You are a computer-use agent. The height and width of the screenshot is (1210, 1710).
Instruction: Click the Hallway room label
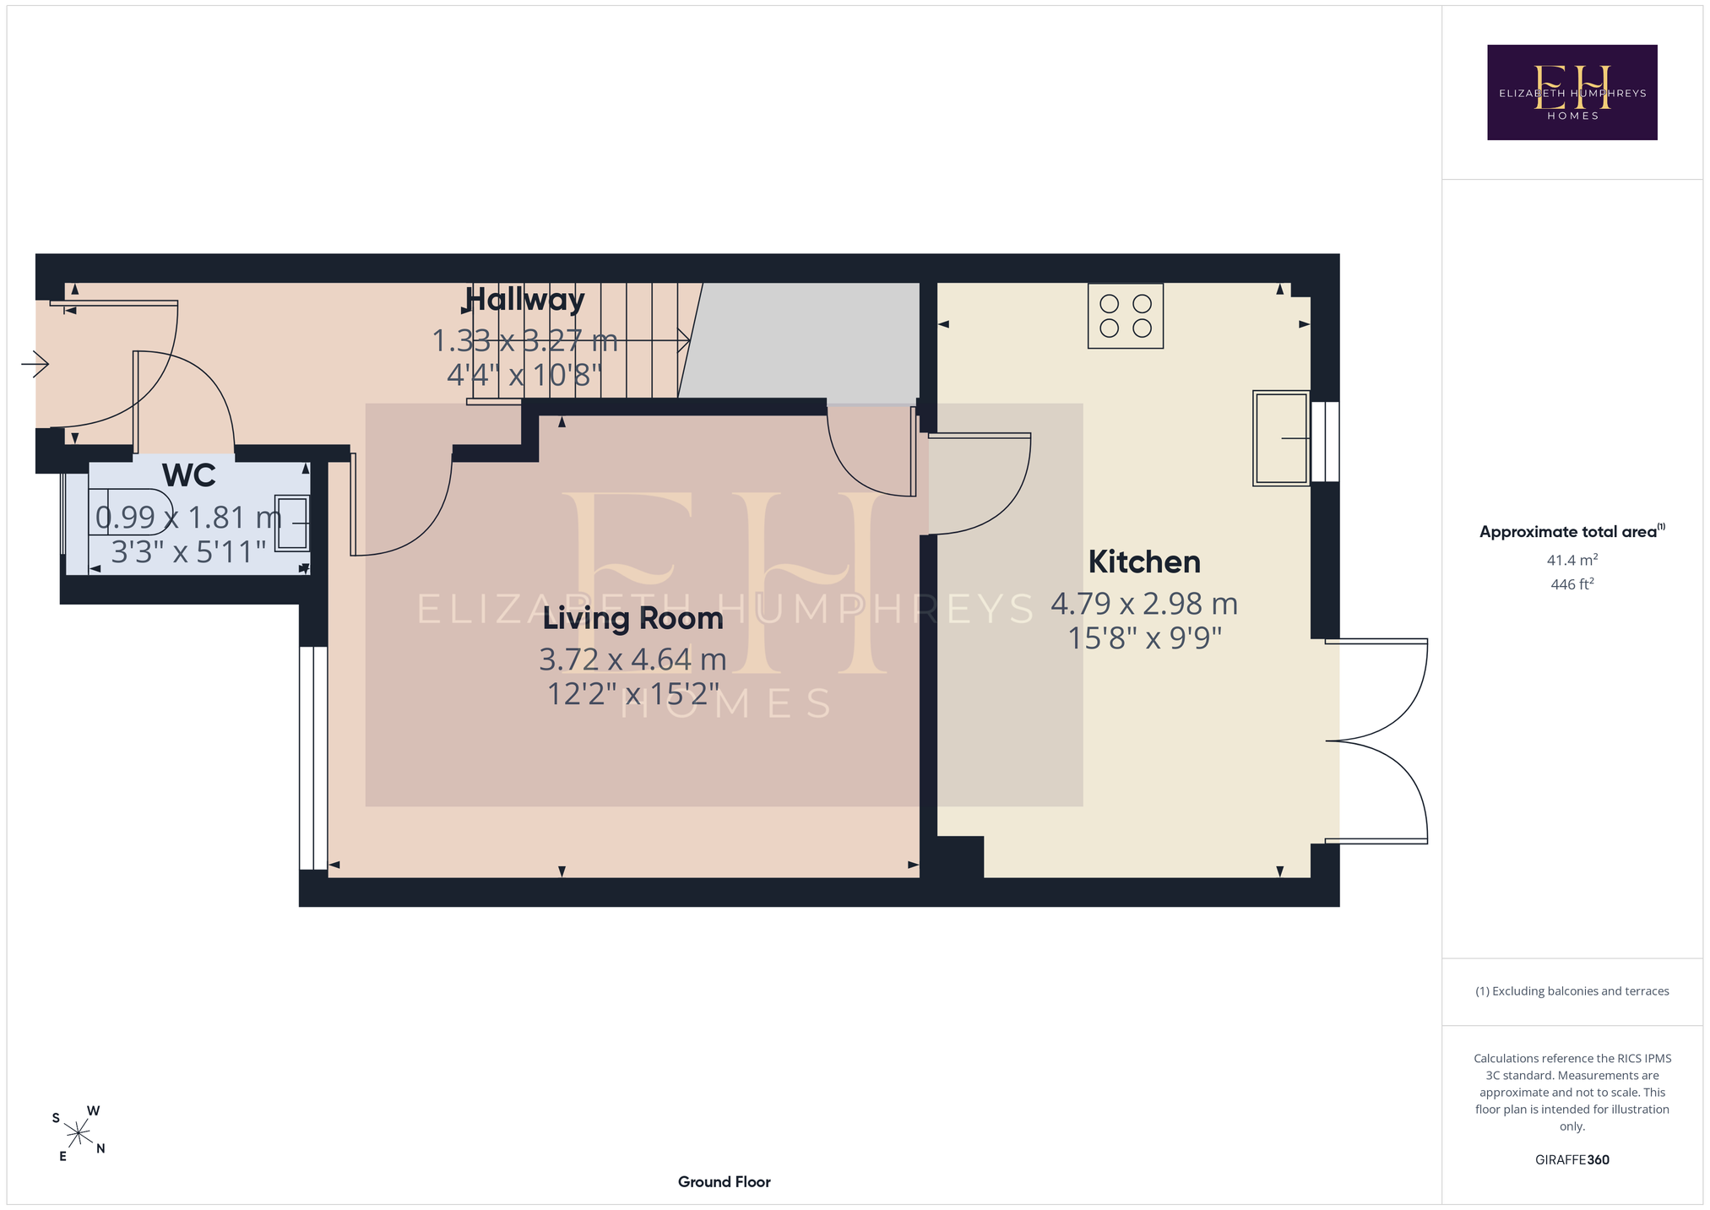[x=524, y=300]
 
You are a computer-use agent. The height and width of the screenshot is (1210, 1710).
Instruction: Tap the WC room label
[x=189, y=475]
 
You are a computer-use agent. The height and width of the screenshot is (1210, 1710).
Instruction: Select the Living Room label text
[x=632, y=618]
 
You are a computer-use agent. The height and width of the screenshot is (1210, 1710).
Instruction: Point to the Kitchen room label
[x=1144, y=562]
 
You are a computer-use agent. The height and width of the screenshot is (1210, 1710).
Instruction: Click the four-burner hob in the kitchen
[x=1126, y=316]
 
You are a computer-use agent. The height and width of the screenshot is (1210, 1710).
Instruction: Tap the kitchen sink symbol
[x=1281, y=438]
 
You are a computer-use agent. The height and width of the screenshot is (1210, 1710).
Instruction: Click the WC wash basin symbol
[x=292, y=524]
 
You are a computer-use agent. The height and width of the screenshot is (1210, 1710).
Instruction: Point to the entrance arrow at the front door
[x=35, y=365]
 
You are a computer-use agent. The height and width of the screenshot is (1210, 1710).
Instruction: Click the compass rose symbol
[x=78, y=1132]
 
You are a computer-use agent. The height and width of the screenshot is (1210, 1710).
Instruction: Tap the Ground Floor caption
[x=725, y=1182]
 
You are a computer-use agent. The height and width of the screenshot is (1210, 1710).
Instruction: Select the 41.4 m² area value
[x=1572, y=560]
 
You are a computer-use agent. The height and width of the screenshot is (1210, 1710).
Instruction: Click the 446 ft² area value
[x=1572, y=583]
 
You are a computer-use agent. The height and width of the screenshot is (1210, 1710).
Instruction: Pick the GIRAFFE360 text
[x=1572, y=1159]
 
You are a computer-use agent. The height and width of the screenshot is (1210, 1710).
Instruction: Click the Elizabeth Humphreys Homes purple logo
[x=1572, y=92]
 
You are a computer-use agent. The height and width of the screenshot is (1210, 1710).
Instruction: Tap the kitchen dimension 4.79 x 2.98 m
[x=1144, y=605]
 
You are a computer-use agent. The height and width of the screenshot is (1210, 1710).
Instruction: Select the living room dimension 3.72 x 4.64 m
[x=632, y=659]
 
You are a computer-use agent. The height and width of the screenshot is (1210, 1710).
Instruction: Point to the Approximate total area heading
[x=1572, y=531]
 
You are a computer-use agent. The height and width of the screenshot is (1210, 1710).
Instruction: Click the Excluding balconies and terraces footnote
[x=1572, y=991]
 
